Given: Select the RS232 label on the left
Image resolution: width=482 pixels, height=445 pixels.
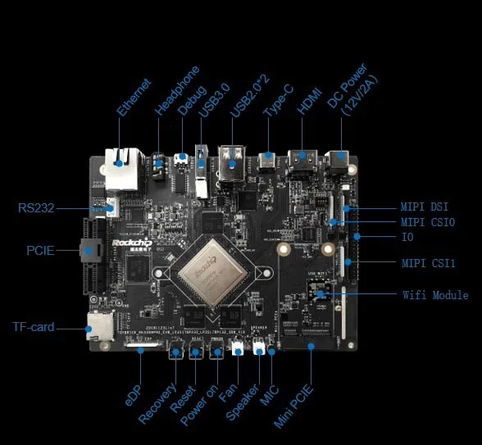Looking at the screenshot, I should tap(36, 208).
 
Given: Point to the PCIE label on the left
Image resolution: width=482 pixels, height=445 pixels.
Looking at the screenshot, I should tap(40, 250).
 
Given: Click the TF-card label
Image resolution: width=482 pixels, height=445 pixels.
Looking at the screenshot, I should tap(34, 327).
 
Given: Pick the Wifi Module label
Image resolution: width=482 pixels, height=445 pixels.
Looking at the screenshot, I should tap(435, 295).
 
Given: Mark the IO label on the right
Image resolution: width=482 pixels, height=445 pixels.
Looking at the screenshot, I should tap(407, 237).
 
